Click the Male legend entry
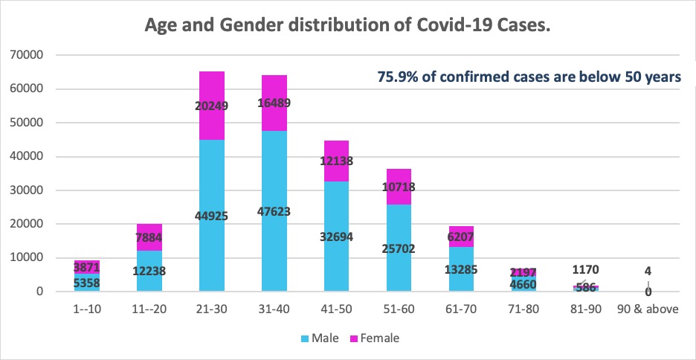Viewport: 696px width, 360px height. coord(315,338)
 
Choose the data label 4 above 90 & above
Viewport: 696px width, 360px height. coord(648,271)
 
